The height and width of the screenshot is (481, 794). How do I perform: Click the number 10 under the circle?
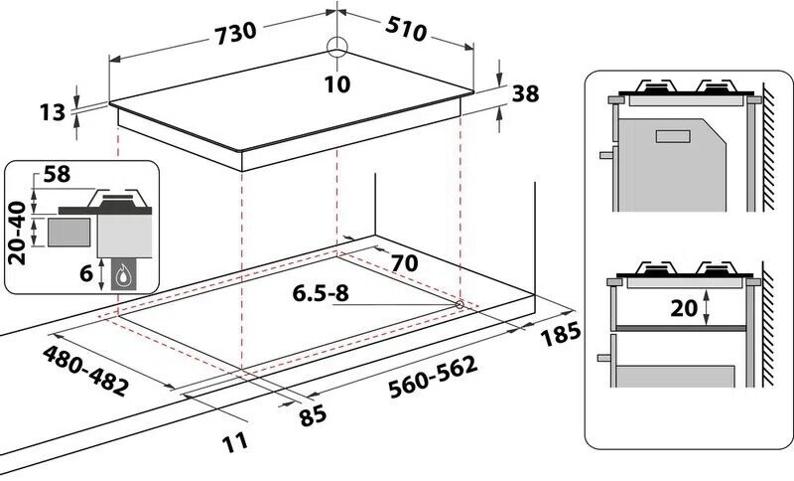point(337,84)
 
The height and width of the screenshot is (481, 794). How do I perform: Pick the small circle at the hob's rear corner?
point(337,47)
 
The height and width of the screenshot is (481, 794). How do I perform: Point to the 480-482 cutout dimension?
point(86,370)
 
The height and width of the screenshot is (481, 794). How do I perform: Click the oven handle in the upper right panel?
point(605,155)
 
